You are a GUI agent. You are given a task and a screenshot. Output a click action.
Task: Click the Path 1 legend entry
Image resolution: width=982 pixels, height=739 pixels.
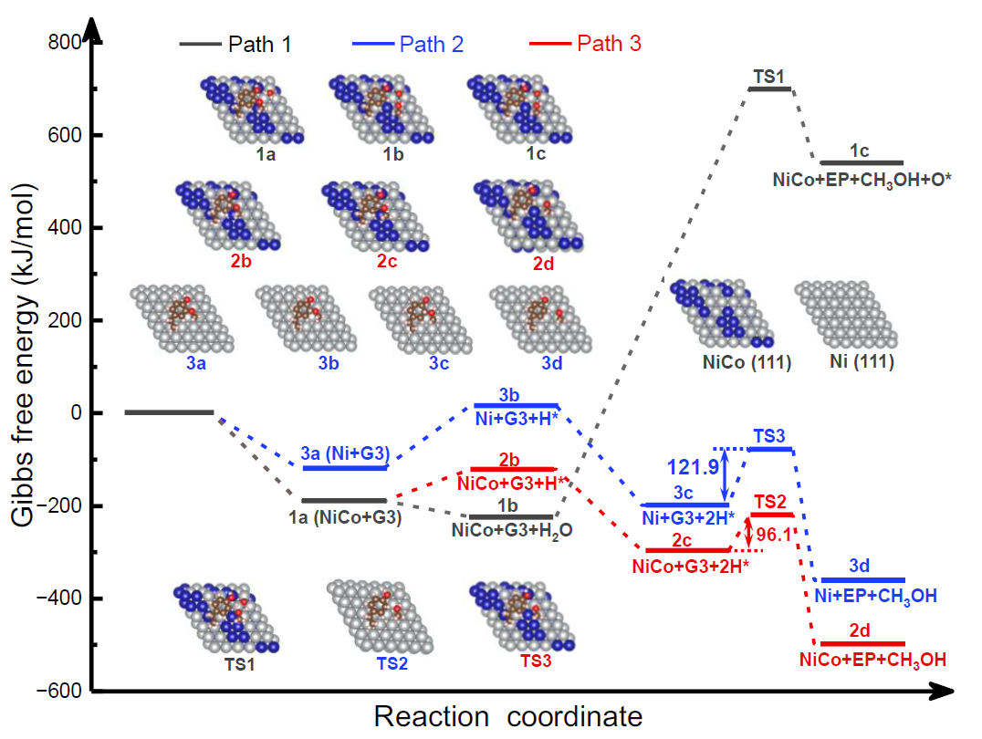coord(235,43)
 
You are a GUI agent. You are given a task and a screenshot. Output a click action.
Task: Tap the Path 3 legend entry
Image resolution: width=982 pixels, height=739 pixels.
coord(585,43)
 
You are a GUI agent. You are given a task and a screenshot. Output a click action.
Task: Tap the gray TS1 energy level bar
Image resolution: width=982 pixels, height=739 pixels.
coord(769,88)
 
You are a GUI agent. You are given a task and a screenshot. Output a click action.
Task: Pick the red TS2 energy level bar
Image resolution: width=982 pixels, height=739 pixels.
coord(771,515)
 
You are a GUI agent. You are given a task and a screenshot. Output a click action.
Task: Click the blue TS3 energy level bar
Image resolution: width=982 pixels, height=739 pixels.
coord(770,449)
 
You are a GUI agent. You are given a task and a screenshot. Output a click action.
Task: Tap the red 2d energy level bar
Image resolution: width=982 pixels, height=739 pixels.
coord(862,643)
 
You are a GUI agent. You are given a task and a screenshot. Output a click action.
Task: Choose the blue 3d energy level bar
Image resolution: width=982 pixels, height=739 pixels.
coord(862,579)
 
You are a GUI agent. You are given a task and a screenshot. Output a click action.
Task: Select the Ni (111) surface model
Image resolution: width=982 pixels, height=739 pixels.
coord(843,315)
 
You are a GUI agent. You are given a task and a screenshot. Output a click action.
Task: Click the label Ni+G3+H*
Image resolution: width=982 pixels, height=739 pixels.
coord(516,421)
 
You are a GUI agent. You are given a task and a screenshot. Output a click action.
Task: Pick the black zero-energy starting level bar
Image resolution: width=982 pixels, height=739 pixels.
coord(169,412)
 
